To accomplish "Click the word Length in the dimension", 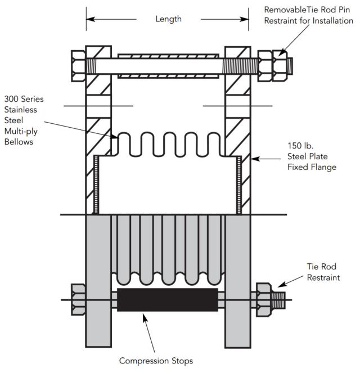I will click(168, 19).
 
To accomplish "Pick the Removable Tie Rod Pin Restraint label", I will click(309, 15).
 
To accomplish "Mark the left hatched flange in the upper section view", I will click(99, 129).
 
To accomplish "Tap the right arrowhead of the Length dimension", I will click(246, 19).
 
